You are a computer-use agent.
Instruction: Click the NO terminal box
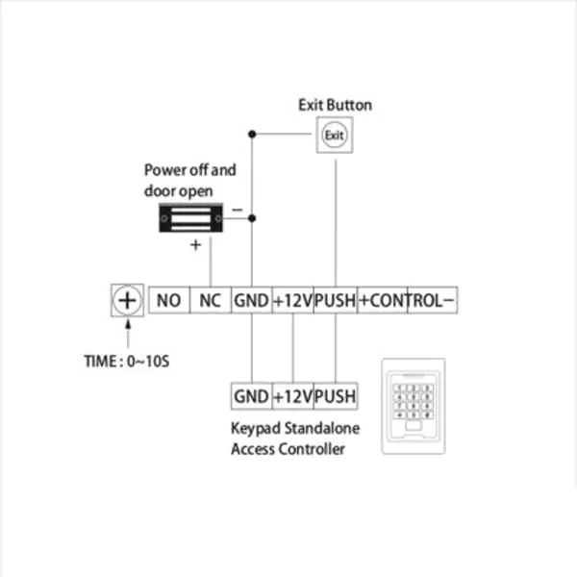(169, 300)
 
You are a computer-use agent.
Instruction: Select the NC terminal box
(211, 300)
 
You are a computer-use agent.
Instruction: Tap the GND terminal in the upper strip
(252, 300)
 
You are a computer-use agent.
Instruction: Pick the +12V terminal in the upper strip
(293, 300)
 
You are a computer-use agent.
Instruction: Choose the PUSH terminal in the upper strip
(336, 300)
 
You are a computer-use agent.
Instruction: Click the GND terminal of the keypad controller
(252, 396)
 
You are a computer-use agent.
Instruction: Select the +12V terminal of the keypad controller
(293, 396)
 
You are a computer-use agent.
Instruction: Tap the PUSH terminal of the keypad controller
(336, 396)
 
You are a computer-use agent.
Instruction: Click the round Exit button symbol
(335, 135)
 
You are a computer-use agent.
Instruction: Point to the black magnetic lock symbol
(190, 218)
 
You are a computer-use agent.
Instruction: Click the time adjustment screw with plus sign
(127, 300)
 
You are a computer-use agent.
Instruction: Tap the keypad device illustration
(414, 406)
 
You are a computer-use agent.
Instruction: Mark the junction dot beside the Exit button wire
(252, 134)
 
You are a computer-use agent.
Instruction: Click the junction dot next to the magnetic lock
(252, 218)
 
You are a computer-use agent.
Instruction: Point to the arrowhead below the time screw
(128, 325)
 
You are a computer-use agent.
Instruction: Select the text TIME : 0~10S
(127, 362)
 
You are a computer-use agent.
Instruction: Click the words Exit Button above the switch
(335, 105)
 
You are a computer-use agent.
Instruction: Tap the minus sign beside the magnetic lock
(238, 210)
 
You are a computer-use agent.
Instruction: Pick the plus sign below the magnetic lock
(196, 245)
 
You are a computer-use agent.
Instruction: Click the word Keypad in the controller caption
(256, 429)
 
